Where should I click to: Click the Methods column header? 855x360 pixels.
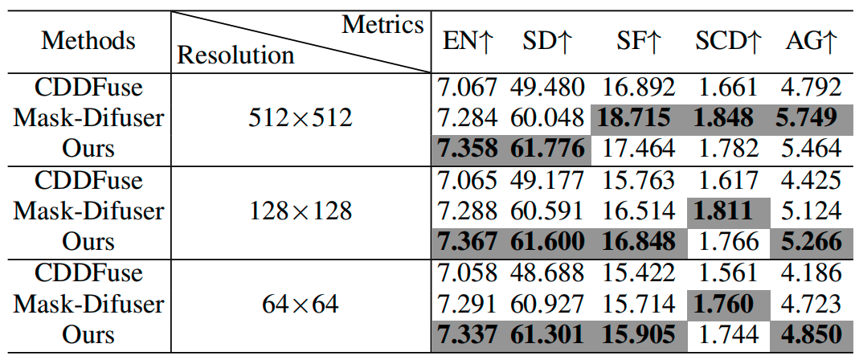(88, 41)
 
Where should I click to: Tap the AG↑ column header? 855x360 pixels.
(812, 42)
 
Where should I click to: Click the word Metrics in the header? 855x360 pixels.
(382, 25)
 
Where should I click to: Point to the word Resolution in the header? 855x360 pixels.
(236, 55)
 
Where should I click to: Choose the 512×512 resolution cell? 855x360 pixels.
(301, 118)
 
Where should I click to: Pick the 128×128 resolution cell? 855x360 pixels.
(301, 211)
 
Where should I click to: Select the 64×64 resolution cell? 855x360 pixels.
(301, 304)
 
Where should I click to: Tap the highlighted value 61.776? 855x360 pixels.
(547, 149)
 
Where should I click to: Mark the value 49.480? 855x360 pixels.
(547, 88)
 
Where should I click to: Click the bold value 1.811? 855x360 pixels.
(728, 211)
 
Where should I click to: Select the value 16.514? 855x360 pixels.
(636, 211)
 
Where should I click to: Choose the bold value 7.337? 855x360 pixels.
(468, 334)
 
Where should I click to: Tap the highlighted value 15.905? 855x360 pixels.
(636, 334)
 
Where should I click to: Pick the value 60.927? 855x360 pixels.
(547, 304)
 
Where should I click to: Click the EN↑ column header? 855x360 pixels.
(468, 42)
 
